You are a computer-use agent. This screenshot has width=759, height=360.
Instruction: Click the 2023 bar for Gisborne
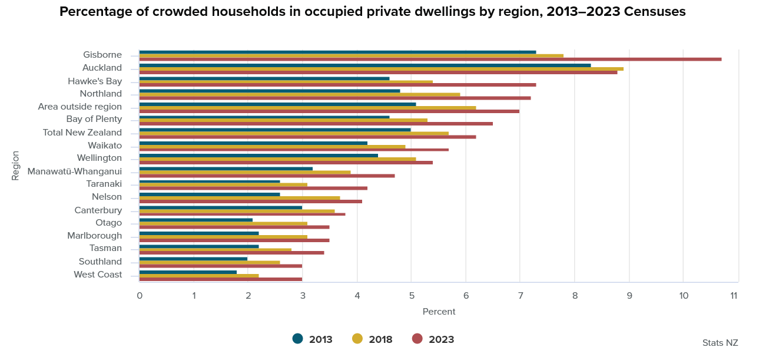click(430, 60)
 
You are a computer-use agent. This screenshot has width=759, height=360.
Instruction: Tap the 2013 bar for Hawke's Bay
click(264, 78)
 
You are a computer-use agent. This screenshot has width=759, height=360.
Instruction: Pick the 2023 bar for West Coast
click(221, 279)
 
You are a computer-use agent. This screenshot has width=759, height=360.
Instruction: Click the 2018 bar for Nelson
click(240, 197)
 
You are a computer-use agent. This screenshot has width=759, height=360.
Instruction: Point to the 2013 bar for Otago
click(196, 220)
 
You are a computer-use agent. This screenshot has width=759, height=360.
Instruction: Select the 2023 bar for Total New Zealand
click(307, 137)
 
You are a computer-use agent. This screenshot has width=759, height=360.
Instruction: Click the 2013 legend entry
click(313, 339)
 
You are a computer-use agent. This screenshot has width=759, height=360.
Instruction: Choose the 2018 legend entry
click(372, 339)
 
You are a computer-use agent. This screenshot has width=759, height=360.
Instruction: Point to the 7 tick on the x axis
click(520, 295)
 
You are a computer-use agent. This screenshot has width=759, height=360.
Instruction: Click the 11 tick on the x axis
click(734, 295)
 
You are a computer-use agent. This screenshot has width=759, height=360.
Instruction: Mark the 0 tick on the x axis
click(140, 295)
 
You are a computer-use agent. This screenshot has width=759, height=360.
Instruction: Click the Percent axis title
click(439, 311)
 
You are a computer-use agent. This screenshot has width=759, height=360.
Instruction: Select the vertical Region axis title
click(15, 166)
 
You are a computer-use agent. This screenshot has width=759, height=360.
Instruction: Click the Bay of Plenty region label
click(94, 120)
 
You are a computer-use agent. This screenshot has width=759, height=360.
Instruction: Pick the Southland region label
click(100, 262)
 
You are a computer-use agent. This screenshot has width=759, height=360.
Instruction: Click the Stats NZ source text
click(720, 342)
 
